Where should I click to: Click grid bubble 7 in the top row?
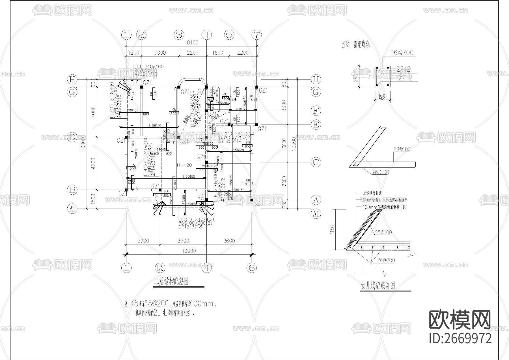click(x=256, y=35)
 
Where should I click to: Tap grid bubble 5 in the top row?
click(x=229, y=35)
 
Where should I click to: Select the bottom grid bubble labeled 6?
click(x=251, y=268)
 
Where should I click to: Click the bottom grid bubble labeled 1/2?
click(x=160, y=268)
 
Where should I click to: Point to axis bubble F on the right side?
click(x=316, y=111)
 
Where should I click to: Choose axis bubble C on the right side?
click(x=316, y=162)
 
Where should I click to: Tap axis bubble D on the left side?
click(x=72, y=138)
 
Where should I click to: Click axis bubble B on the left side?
click(x=72, y=190)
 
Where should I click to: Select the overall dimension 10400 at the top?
click(x=191, y=43)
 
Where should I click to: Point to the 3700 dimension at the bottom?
click(x=183, y=241)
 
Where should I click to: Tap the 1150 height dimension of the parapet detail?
click(x=332, y=230)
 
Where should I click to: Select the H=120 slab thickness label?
click(x=184, y=165)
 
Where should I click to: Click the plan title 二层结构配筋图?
click(x=171, y=282)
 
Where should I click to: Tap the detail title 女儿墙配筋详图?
click(x=378, y=286)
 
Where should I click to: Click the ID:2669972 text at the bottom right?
click(x=460, y=338)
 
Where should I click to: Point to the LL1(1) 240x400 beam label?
click(x=196, y=219)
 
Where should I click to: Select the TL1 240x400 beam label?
click(x=148, y=67)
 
